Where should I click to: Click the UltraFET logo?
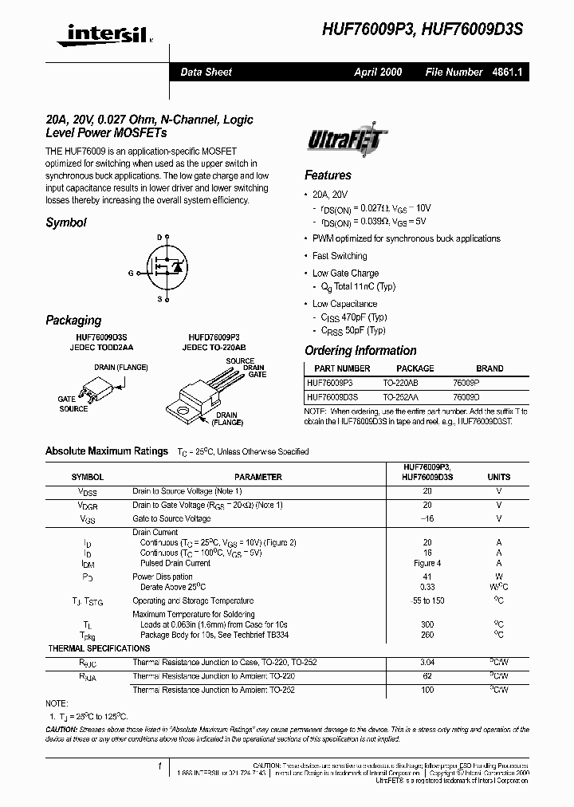click(x=346, y=141)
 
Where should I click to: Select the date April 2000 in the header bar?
click(x=378, y=72)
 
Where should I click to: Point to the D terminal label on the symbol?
click(x=159, y=238)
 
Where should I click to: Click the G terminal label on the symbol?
click(x=131, y=273)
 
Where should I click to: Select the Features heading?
click(x=328, y=175)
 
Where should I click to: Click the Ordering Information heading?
click(x=360, y=351)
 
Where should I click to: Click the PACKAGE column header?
click(x=415, y=368)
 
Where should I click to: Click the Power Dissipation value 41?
click(x=427, y=577)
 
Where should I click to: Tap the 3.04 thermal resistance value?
click(x=427, y=661)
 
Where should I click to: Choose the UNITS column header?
click(x=499, y=477)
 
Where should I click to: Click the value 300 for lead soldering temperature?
click(x=427, y=624)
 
